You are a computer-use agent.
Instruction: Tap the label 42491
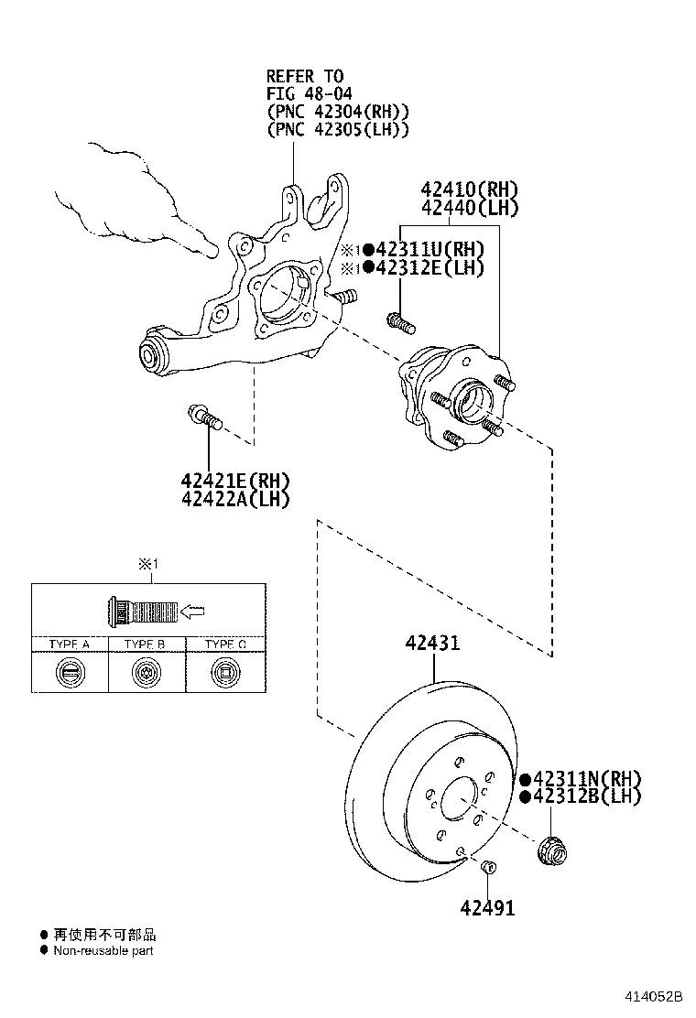pos(487,908)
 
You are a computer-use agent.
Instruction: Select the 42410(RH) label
pos(469,190)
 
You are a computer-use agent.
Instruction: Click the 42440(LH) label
pos(469,208)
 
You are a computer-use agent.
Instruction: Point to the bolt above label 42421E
pos(205,418)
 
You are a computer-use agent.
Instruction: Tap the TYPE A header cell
pos(70,644)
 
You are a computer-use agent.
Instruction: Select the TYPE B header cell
pos(147,644)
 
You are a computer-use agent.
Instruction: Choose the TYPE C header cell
pos(225,644)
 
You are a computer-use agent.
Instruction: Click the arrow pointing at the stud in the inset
pos(192,610)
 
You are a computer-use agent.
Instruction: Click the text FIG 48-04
pos(310,93)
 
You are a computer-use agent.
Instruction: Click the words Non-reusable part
pos(103,950)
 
